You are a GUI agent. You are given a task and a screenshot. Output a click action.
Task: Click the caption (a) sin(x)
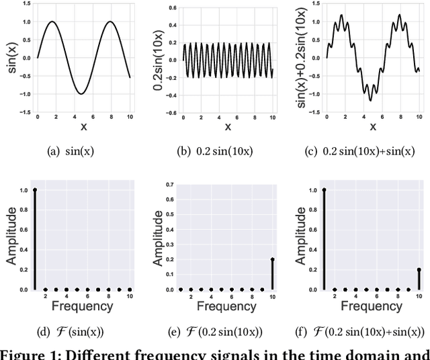pos(71,151)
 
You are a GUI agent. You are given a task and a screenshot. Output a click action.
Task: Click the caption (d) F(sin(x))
pos(71,331)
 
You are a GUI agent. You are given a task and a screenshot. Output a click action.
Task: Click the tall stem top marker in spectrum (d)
pos(34,190)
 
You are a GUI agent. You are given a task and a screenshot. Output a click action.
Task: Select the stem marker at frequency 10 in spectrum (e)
pos(272,259)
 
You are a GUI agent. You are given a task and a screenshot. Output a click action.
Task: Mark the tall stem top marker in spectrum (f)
pos(324,190)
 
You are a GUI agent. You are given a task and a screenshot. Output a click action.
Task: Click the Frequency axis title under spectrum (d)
pos(83,306)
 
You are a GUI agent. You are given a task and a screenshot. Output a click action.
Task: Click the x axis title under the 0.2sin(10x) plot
pos(228,126)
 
